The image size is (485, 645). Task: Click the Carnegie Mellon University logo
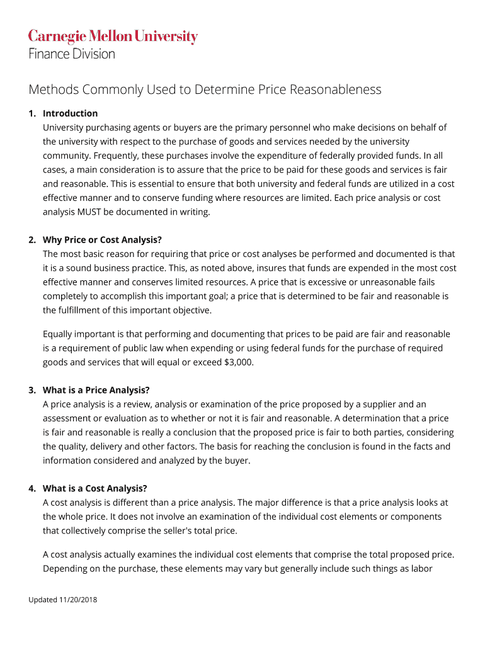point(113,37)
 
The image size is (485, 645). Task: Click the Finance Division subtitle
point(72,54)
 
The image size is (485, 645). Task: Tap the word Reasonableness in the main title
point(335,89)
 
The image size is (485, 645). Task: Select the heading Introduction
point(70,113)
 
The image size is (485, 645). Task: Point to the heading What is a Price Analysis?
point(96,390)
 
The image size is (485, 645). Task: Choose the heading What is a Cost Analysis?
point(94,488)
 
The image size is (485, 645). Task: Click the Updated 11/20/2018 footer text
point(62,599)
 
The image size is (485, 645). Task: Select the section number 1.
point(31,113)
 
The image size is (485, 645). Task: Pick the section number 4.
point(31,488)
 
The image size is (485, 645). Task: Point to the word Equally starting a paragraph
point(60,334)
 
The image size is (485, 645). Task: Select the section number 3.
point(31,390)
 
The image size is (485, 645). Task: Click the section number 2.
point(31,240)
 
